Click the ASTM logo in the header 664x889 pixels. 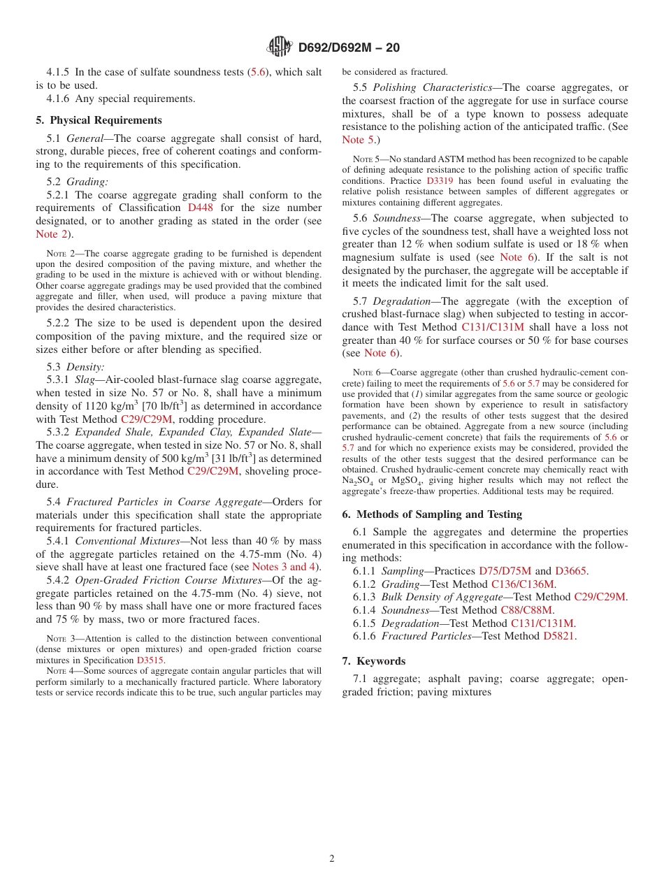point(280,47)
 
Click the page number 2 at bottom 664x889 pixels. point(332,859)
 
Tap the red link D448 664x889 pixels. point(201,208)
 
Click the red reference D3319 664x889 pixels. point(439,180)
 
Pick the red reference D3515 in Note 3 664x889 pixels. point(150,660)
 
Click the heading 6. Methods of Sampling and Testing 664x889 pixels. point(432,514)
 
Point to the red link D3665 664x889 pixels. point(570,571)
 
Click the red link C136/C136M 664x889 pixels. point(523,584)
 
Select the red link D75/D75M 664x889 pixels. point(505,571)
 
